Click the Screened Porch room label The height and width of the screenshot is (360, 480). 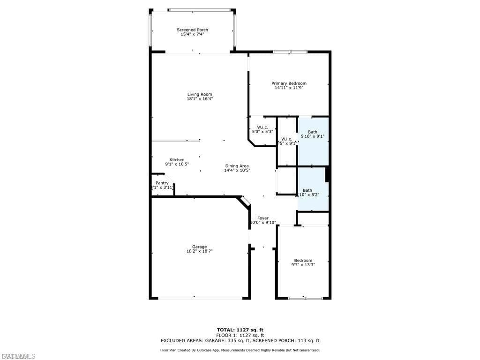(192, 30)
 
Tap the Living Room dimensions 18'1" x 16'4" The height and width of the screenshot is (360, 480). (200, 99)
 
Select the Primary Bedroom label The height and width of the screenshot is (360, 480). (289, 83)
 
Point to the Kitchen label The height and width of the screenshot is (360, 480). (177, 160)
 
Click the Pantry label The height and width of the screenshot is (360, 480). (162, 183)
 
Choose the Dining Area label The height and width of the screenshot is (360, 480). (237, 166)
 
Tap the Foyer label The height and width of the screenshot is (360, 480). (262, 218)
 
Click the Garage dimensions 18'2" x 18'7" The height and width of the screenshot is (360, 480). (199, 252)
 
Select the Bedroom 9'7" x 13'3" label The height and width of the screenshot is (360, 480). (303, 261)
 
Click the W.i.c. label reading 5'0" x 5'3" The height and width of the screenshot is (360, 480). (262, 127)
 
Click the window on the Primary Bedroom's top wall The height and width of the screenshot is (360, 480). (290, 52)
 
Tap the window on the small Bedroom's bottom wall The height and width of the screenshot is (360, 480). (305, 298)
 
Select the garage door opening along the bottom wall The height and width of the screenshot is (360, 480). (200, 298)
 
